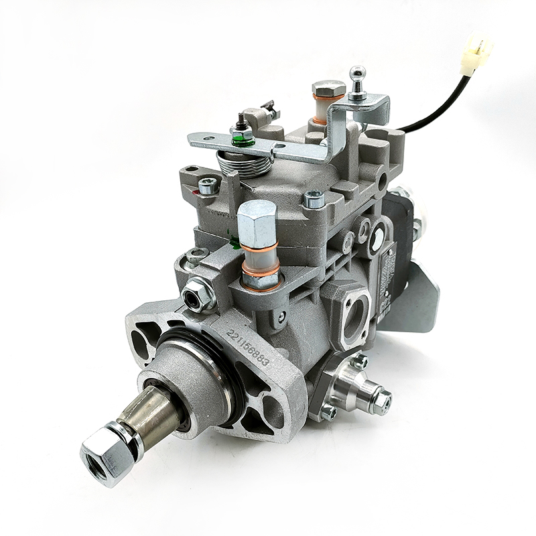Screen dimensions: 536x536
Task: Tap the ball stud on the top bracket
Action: coord(358,75)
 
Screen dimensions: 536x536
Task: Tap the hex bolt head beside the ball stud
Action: coord(328,90)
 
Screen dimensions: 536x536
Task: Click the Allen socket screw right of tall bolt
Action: coord(314,199)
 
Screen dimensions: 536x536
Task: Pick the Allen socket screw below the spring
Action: coord(208,186)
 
